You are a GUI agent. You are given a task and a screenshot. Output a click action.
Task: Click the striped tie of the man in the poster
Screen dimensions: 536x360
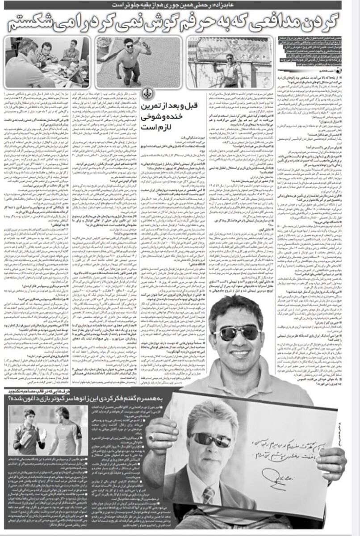209,495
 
